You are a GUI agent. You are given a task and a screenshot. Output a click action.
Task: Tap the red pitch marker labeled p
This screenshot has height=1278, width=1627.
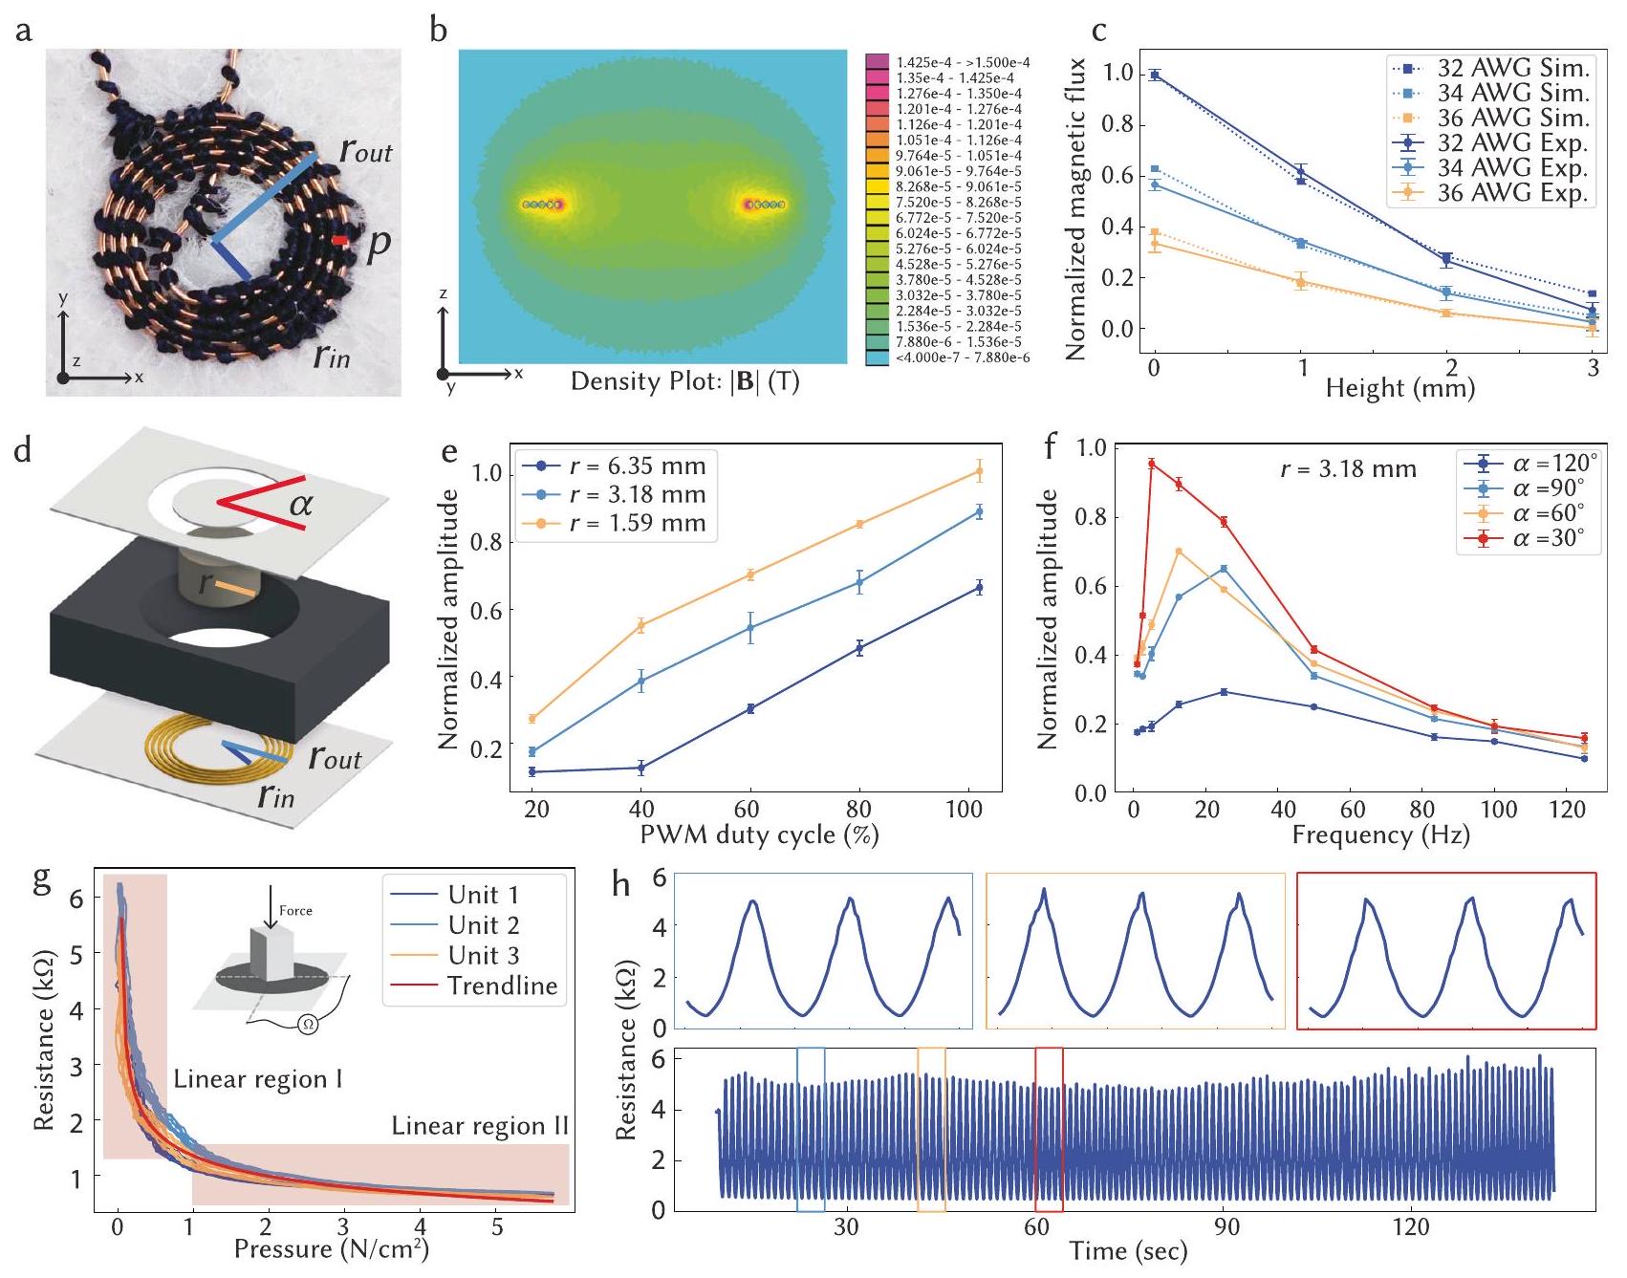340,242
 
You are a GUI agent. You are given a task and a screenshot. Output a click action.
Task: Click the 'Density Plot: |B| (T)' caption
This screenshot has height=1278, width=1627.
684,382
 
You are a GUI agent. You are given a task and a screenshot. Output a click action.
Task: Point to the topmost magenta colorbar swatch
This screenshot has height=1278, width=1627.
877,62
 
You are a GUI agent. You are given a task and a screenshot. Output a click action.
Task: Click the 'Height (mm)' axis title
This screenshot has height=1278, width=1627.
1400,388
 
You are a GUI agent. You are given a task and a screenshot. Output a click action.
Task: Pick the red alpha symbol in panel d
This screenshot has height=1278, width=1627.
301,503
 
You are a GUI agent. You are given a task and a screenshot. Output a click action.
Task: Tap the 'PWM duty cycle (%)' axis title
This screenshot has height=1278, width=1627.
758,834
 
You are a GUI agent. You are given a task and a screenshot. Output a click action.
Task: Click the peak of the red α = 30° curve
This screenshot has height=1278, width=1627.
1152,464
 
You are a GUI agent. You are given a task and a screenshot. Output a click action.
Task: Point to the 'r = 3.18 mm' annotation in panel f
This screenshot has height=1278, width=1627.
1348,469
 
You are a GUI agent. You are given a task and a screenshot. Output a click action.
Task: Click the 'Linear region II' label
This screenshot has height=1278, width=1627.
480,1126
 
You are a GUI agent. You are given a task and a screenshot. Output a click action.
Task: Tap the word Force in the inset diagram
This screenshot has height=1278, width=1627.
295,910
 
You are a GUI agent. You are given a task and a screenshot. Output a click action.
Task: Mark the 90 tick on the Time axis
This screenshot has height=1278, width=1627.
1226,1226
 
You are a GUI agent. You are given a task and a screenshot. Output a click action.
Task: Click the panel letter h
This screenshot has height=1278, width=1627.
622,885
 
